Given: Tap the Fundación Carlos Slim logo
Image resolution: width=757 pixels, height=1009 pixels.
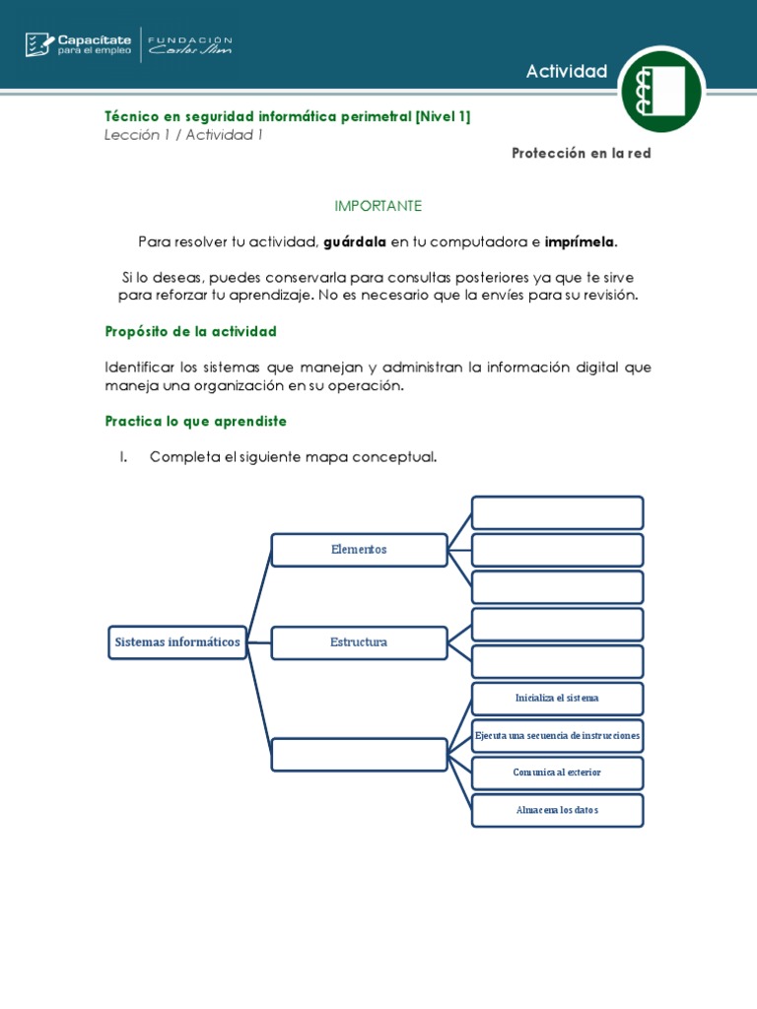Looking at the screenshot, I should (189, 44).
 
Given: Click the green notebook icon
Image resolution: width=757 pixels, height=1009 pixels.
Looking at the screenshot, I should (661, 89).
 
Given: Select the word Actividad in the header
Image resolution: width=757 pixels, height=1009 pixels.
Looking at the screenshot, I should (567, 71).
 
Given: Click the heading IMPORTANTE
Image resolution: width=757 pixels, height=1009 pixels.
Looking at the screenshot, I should (378, 206).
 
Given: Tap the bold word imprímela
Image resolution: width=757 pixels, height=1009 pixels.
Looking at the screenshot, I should (581, 241).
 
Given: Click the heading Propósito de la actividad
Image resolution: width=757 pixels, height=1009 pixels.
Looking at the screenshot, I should (190, 331).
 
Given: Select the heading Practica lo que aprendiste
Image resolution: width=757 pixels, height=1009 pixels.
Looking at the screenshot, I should (195, 421).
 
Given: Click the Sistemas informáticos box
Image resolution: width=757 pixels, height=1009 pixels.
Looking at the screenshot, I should (177, 642).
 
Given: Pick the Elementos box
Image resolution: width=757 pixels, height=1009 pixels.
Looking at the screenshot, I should (359, 550).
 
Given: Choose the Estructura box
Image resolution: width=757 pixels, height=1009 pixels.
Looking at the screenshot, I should (359, 642).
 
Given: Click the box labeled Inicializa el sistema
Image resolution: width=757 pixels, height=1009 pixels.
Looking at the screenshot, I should (557, 699).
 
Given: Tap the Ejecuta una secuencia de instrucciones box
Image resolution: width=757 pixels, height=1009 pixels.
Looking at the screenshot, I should (557, 736).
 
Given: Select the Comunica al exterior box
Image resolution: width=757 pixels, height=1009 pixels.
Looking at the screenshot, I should (557, 773).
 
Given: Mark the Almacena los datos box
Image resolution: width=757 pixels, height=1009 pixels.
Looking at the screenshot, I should (557, 810).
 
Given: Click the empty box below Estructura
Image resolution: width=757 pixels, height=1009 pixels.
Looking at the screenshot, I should (359, 755).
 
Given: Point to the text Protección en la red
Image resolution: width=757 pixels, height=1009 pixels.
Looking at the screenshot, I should (582, 154).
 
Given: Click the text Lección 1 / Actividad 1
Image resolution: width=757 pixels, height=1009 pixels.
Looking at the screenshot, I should (183, 135).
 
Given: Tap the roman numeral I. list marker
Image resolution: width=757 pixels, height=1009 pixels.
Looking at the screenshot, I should (124, 457).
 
